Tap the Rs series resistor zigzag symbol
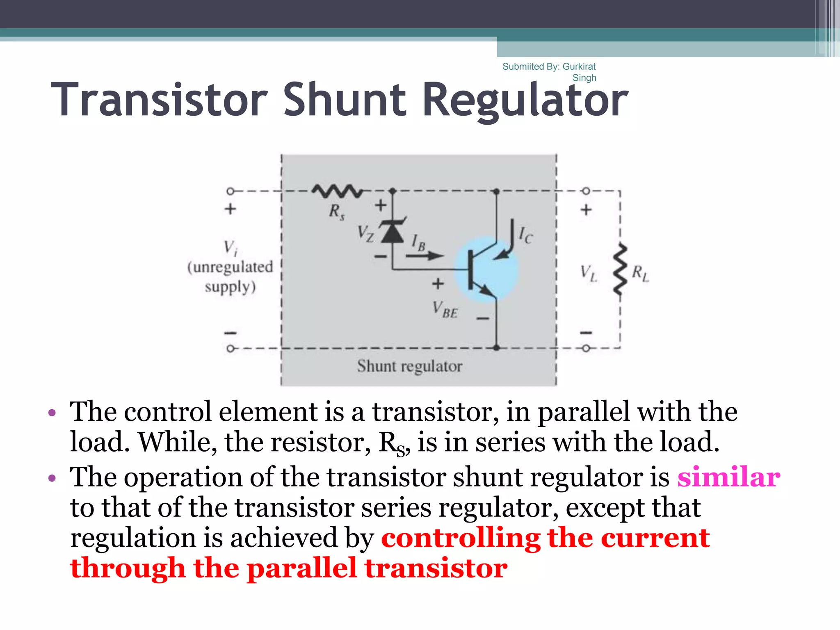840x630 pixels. point(337,191)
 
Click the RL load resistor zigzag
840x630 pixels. point(620,270)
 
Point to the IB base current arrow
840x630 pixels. point(425,256)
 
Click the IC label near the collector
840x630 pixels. point(525,235)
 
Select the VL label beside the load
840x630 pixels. point(588,273)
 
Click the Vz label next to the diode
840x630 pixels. point(365,233)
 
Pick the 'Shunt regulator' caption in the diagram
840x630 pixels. point(409,366)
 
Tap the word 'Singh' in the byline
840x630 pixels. point(584,78)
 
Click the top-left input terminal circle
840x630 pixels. point(231,191)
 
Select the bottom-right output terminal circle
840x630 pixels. point(586,348)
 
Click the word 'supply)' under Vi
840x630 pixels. point(231,287)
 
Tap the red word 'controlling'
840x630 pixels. point(460,538)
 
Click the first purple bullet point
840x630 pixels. point(52,412)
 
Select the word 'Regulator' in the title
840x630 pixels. point(525,100)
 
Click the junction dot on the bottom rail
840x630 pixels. point(496,348)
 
